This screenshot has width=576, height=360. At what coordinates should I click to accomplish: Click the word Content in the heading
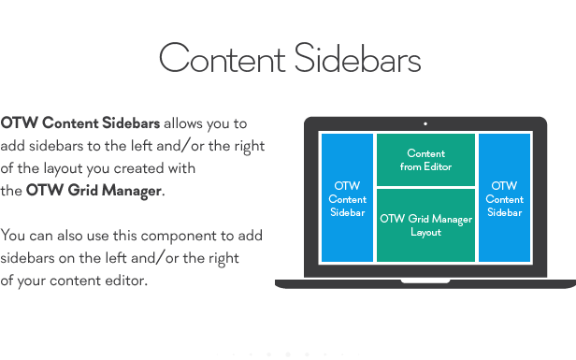tap(222, 59)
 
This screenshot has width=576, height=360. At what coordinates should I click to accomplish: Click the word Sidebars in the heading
tap(357, 59)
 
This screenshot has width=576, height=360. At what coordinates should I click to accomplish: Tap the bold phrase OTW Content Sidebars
tap(80, 123)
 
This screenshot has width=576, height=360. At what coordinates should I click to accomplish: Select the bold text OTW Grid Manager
tap(94, 191)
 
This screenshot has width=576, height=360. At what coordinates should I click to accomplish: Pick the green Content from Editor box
tap(425, 160)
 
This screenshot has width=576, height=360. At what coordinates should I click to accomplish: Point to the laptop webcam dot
tap(425, 122)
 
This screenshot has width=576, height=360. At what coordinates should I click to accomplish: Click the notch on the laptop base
tap(425, 281)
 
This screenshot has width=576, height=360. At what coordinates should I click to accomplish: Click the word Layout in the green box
tap(425, 232)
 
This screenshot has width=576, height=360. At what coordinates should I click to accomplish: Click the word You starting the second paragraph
tap(13, 236)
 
